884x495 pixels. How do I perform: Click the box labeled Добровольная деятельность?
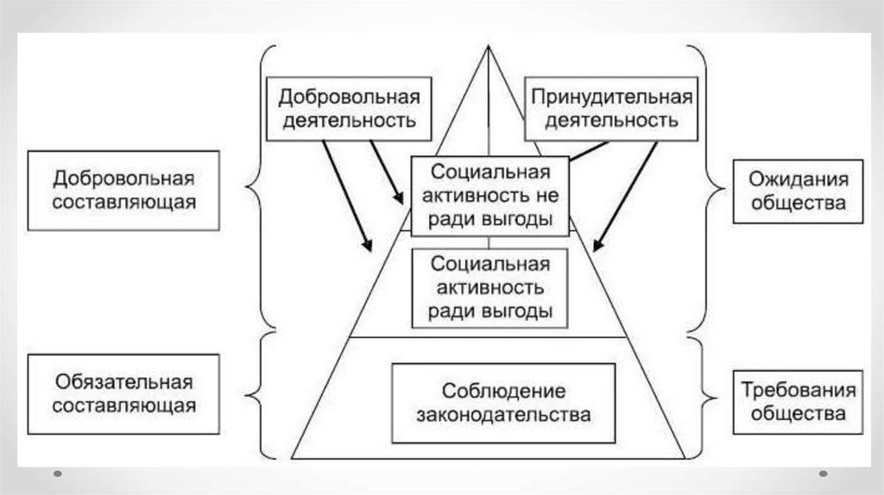(350, 108)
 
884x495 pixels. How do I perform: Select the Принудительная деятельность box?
(611, 108)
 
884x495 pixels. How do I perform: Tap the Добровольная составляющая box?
(123, 191)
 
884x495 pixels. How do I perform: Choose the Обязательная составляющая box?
(123, 393)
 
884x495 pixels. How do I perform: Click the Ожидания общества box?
(798, 191)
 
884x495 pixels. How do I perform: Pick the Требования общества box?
(798, 401)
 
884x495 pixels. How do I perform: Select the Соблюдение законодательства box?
(503, 403)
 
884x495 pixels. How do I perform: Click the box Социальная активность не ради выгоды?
(489, 195)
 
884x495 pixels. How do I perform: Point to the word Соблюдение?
(504, 391)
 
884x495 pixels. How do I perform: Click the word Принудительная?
(611, 96)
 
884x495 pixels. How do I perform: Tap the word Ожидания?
(798, 180)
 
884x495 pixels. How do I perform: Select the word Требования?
(798, 390)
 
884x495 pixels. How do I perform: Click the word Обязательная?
(123, 381)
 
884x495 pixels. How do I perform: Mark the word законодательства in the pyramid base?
(503, 415)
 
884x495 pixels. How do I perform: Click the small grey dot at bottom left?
(57, 473)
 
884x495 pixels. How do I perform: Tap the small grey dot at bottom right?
(823, 473)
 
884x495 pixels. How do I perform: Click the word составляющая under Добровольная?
(123, 203)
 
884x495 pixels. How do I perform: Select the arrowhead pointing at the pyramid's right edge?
(597, 247)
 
